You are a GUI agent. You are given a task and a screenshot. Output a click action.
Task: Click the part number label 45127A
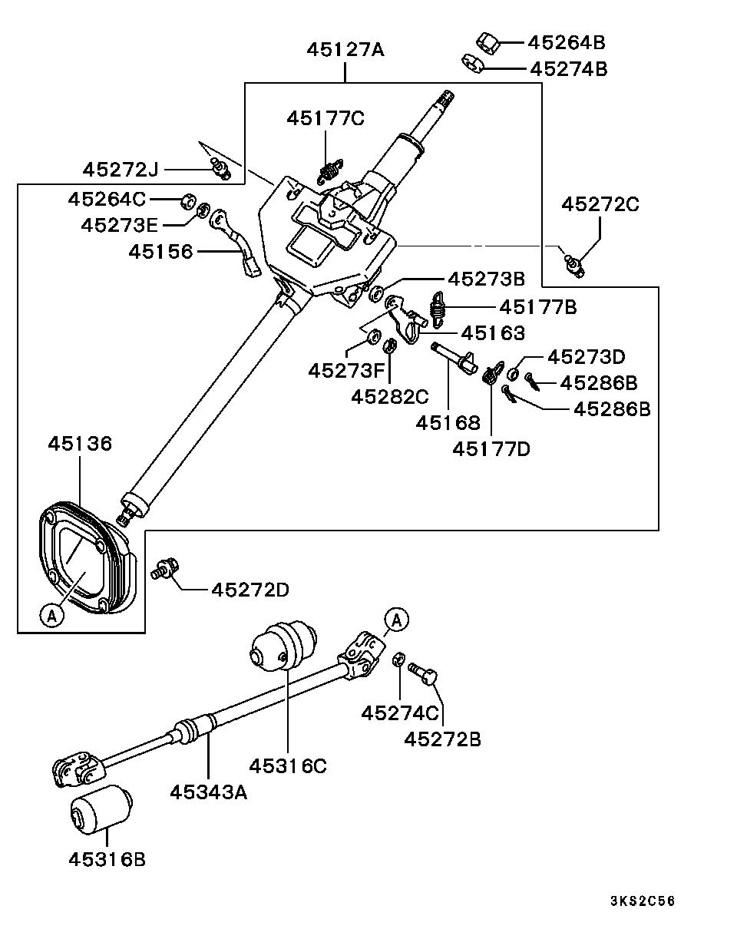coord(345,50)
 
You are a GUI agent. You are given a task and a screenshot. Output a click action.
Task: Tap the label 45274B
coord(568,69)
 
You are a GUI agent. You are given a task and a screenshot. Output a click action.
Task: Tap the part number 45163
coord(493,333)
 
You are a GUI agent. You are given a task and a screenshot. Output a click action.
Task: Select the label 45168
coord(448,422)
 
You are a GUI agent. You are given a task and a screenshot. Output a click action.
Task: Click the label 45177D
coord(491,448)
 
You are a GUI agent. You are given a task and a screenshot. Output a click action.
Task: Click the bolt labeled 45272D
coord(165,570)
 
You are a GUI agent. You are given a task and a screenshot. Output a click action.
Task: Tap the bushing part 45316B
coord(101,809)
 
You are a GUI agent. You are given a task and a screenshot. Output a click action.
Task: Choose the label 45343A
coord(208,791)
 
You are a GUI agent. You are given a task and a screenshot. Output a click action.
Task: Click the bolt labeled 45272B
coord(425,673)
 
